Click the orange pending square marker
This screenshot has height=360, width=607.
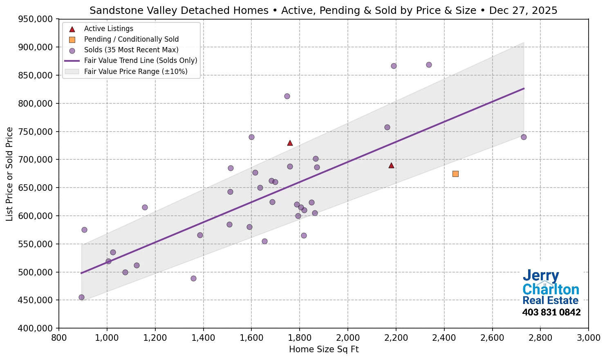455,174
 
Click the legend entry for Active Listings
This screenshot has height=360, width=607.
108,29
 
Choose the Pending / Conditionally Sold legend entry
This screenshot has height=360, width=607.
131,39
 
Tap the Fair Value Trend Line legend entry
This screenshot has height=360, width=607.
141,60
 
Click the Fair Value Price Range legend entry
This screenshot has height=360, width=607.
136,72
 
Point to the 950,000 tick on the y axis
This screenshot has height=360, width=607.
36,19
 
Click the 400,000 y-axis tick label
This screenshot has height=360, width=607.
36,328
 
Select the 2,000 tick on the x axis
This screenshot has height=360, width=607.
348,338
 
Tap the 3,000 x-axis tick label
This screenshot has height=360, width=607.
588,338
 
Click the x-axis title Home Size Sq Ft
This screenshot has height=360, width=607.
324,349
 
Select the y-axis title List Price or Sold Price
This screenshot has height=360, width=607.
10,174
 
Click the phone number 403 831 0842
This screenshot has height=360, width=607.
551,313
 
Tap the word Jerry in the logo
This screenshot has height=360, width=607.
540,276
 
